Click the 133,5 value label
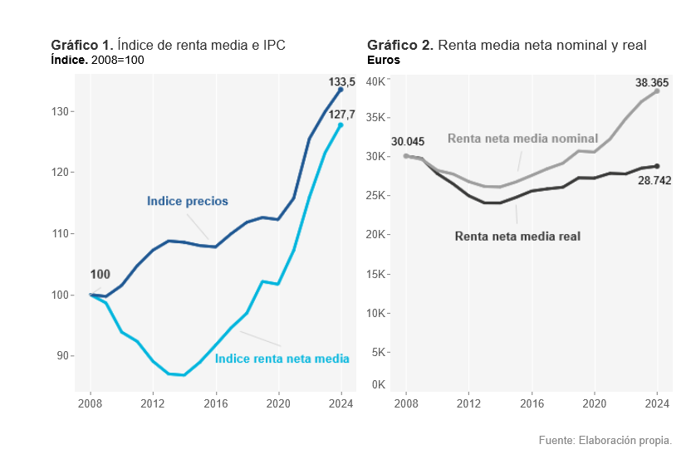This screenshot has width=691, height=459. tap(342, 82)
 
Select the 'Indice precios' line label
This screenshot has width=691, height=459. tap(187, 201)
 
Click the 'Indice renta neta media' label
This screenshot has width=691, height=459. tap(282, 359)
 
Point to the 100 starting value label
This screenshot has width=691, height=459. tap(100, 275)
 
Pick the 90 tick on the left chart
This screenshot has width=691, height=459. tap(65, 356)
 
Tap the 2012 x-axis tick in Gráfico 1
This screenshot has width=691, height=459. tap(153, 404)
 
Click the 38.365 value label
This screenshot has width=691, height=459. tap(652, 83)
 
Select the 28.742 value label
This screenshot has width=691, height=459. tap(654, 180)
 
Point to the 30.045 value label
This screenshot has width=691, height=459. tap(408, 142)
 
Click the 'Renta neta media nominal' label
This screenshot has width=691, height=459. tap(522, 138)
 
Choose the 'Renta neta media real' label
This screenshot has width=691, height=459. tap(517, 237)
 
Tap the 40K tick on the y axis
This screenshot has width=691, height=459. tap(375, 81)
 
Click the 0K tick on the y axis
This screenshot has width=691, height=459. tap(378, 384)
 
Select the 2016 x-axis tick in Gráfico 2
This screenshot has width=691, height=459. tap(532, 404)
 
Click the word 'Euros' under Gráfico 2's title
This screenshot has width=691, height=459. tap(384, 61)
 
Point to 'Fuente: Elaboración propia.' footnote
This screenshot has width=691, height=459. tap(605, 440)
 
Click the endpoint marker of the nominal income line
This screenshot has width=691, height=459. tap(657, 91)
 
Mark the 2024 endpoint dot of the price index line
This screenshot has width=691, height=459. tap(341, 89)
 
